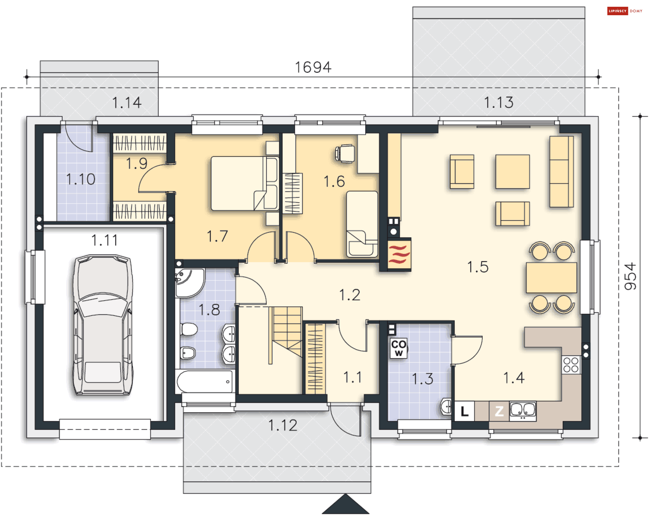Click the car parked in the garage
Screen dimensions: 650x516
pyautogui.click(x=103, y=325)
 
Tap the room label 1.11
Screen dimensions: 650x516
pyautogui.click(x=105, y=240)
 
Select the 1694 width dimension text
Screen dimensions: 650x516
pyautogui.click(x=313, y=67)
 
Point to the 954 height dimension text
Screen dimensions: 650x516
pyautogui.click(x=630, y=276)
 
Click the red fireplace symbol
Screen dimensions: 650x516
pyautogui.click(x=399, y=254)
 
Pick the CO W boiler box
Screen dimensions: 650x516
pyautogui.click(x=399, y=348)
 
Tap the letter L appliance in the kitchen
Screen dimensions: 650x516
pyautogui.click(x=464, y=411)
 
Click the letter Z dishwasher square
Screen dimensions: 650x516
pyautogui.click(x=499, y=411)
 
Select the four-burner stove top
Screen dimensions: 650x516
pyautogui.click(x=571, y=365)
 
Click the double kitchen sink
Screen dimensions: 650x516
pyautogui.click(x=523, y=411)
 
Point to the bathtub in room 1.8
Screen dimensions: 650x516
pyautogui.click(x=205, y=381)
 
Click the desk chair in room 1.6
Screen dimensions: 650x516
pyautogui.click(x=345, y=154)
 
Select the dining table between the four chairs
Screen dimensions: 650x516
pyautogui.click(x=551, y=278)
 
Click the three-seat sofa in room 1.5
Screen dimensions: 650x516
pyautogui.click(x=561, y=171)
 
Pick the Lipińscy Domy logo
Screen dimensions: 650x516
pyautogui.click(x=625, y=11)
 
